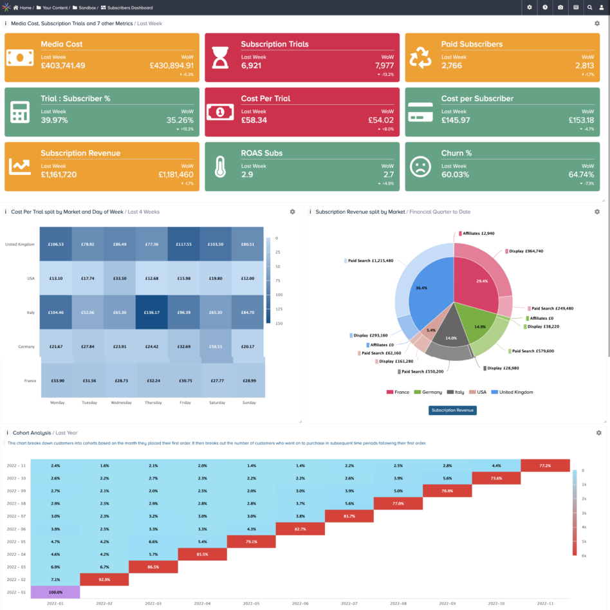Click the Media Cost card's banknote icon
pyautogui.click(x=20, y=58)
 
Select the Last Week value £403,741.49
pyautogui.click(x=62, y=66)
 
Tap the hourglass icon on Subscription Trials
pyautogui.click(x=221, y=58)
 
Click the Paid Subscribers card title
pyautogui.click(x=472, y=44)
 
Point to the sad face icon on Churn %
pyautogui.click(x=421, y=167)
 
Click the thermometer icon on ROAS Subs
pyautogui.click(x=221, y=167)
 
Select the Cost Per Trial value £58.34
pyautogui.click(x=254, y=120)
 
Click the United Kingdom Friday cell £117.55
pyautogui.click(x=184, y=244)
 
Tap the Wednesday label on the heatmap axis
pyautogui.click(x=120, y=403)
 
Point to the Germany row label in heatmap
pyautogui.click(x=26, y=347)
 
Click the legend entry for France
pyautogui.click(x=398, y=392)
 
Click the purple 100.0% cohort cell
pyautogui.click(x=55, y=591)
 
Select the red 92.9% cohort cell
pyautogui.click(x=104, y=580)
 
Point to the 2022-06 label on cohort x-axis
pyautogui.click(x=300, y=604)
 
